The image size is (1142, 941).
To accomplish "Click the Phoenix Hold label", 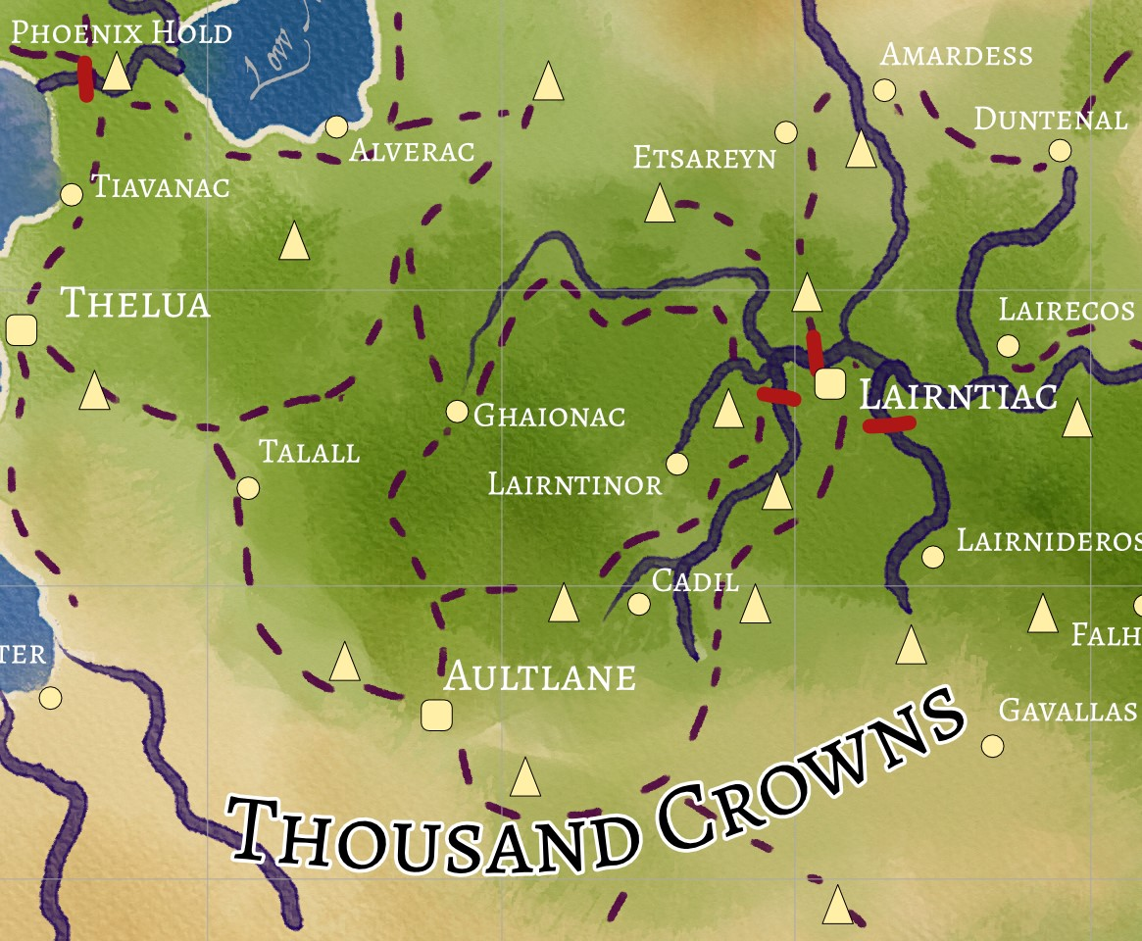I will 122,32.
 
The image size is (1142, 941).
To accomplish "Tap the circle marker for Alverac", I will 336,126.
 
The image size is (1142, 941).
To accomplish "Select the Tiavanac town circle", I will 72,194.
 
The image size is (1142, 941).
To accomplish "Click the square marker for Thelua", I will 22,330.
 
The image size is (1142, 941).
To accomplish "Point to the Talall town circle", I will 249,487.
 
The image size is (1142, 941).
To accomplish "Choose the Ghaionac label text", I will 549,416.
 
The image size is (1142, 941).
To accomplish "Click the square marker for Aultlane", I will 435,715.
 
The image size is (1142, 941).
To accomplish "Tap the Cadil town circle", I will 639,604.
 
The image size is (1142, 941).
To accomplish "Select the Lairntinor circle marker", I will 676,463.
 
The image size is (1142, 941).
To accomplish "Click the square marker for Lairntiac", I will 829,383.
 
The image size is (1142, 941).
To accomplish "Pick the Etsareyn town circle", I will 785,132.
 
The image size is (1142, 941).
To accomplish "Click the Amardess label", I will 956,54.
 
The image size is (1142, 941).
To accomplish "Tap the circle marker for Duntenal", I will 1060,150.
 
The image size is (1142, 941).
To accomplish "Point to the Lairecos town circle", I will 1008,345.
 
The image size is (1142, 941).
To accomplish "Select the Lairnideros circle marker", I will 933,557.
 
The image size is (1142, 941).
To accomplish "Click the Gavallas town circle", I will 992,746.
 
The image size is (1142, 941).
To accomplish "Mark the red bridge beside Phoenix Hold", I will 86,78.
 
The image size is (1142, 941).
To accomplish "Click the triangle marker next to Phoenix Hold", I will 117,73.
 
